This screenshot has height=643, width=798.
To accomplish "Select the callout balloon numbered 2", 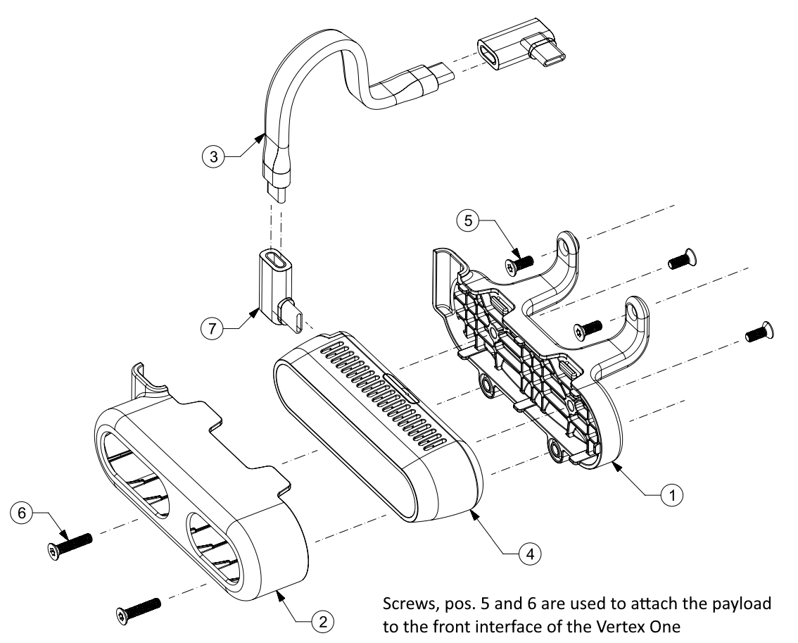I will click(x=322, y=622).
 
